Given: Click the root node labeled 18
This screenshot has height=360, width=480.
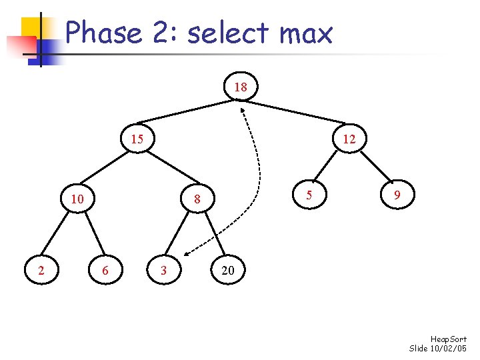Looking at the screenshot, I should (x=241, y=87).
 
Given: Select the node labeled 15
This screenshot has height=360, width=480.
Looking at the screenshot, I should (x=137, y=139).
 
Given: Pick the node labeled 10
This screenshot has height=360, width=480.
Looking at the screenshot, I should (x=77, y=199).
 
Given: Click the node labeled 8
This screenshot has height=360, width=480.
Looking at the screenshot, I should (x=197, y=199).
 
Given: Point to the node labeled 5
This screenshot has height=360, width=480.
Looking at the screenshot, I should (x=309, y=196).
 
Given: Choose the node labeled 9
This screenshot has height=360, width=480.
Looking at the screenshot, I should (x=397, y=196).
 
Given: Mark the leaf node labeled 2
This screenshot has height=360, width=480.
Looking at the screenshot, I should (x=42, y=270).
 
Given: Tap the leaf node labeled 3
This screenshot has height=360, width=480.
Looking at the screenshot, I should (x=164, y=270).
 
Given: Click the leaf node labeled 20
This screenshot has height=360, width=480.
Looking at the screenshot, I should (x=227, y=270).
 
